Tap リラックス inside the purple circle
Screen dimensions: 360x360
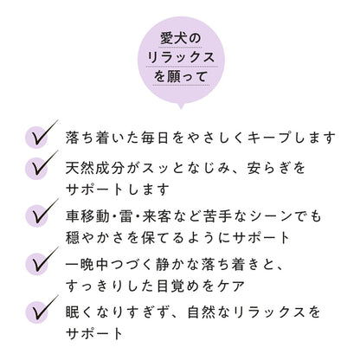181,57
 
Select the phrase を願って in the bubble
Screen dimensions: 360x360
181,76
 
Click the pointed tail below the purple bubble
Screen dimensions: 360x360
181,106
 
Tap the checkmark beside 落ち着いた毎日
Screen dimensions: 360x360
42,134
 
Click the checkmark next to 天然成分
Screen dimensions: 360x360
42,165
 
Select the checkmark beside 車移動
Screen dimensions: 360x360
42,213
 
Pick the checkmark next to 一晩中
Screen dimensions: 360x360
42,261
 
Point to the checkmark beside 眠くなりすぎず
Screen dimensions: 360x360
42,310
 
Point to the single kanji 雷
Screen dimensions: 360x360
125,216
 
